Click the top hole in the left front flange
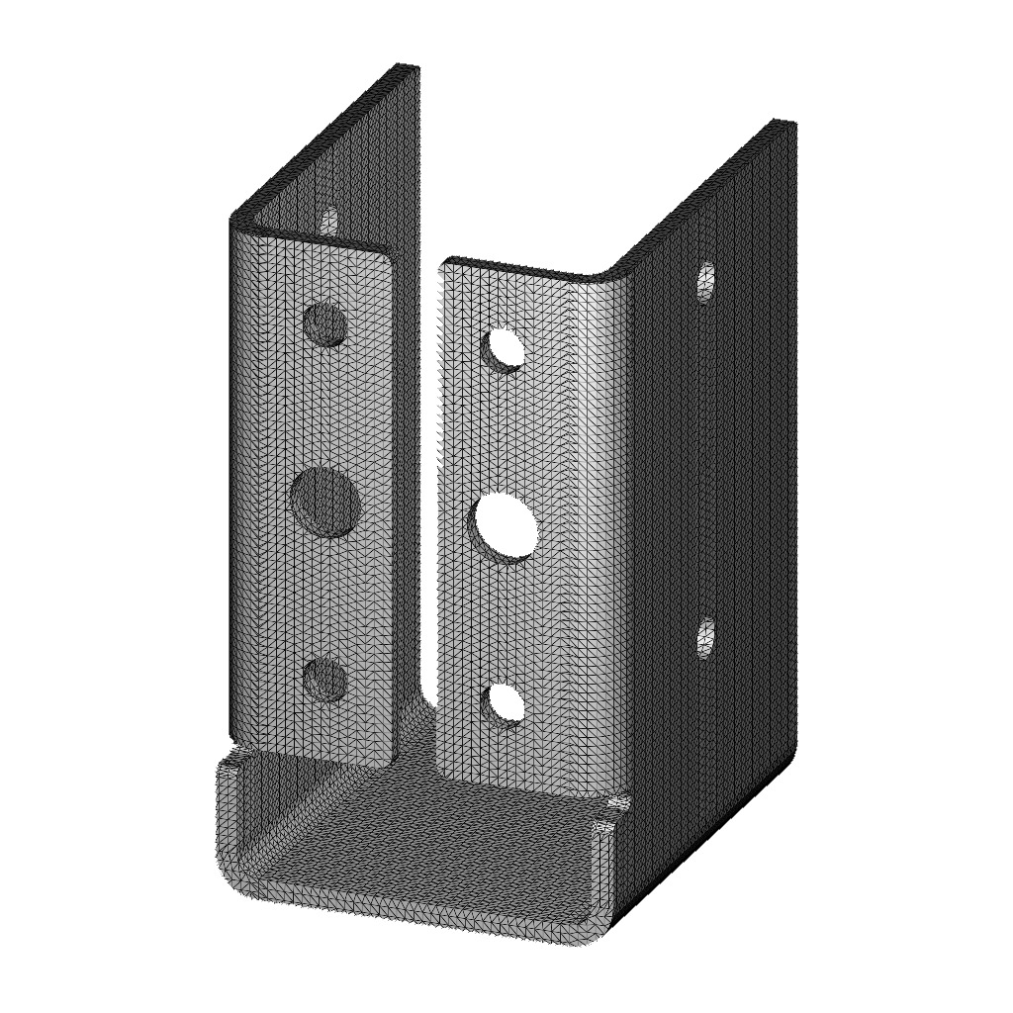coord(325,323)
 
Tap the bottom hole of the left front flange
coord(324,680)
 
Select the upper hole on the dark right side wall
coord(705,282)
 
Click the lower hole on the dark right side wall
coord(705,638)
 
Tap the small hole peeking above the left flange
coord(328,220)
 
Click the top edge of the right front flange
coord(514,268)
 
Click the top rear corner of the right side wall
coord(784,123)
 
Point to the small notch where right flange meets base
coord(618,803)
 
